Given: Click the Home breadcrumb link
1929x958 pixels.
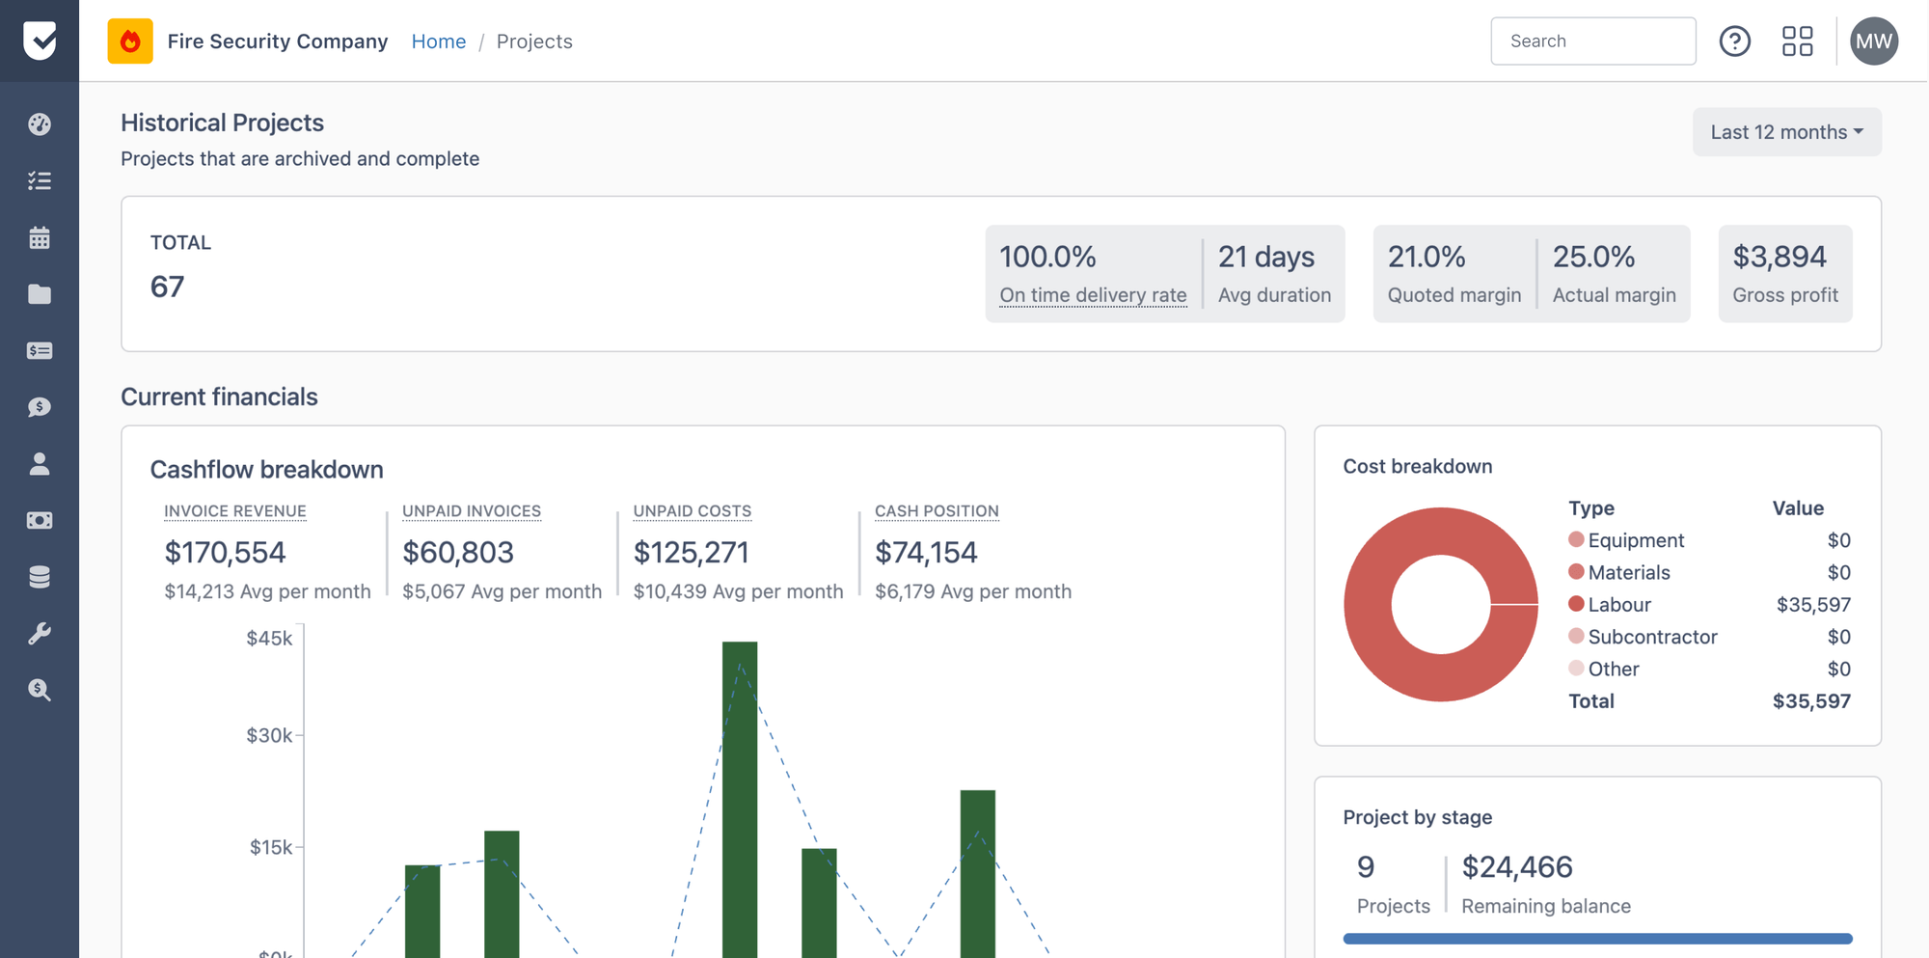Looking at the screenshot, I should point(438,41).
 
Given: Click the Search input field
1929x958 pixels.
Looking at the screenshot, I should point(1592,41).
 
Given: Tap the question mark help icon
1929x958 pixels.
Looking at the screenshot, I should point(1734,41).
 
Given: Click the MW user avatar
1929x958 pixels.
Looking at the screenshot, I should point(1873,41).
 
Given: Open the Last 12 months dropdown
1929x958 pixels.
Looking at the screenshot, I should point(1786,132).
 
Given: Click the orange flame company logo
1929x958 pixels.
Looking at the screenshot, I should point(130,41).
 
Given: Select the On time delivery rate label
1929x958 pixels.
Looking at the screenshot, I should point(1093,295).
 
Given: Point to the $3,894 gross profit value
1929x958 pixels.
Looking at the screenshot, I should point(1779,257).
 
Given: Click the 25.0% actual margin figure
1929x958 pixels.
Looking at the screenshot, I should point(1593,257).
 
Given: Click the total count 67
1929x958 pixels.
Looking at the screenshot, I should point(167,287).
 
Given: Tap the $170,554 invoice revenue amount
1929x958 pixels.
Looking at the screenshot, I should point(225,552).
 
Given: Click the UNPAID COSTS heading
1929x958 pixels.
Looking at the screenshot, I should point(692,511).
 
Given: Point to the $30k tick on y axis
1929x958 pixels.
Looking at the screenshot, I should point(269,735).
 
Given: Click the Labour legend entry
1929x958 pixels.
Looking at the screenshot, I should point(1618,605).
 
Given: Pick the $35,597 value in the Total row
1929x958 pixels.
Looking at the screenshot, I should point(1810,701).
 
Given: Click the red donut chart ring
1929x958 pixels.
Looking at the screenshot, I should point(1370,605).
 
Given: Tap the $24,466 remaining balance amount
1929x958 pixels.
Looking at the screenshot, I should point(1516,867).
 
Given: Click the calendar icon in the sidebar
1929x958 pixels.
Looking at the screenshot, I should point(40,237).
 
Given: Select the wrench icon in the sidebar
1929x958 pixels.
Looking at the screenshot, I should point(40,634).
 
